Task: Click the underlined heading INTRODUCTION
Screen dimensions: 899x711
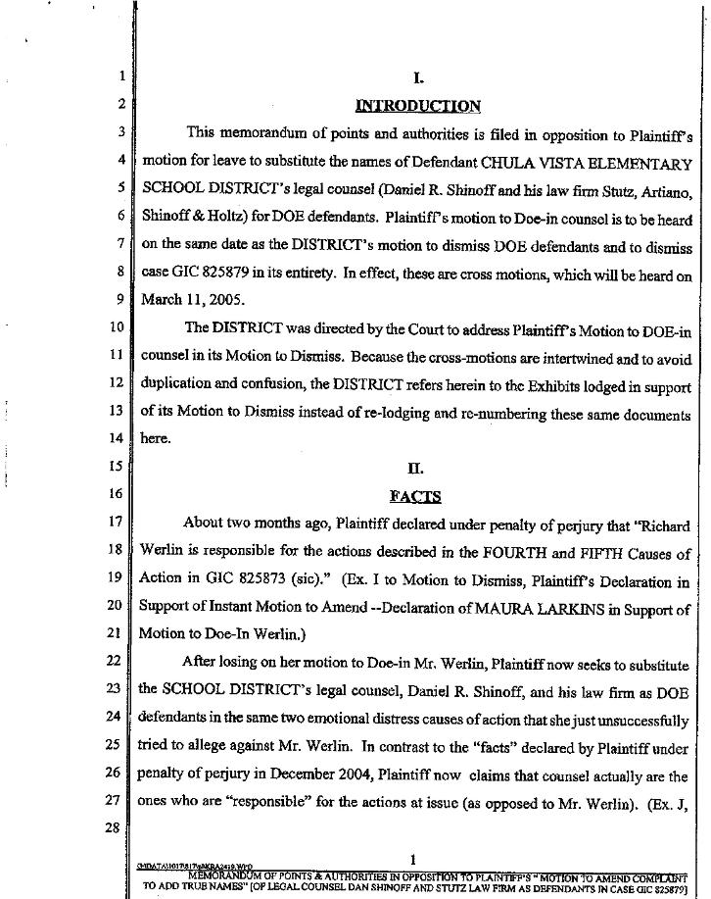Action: coord(417,106)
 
